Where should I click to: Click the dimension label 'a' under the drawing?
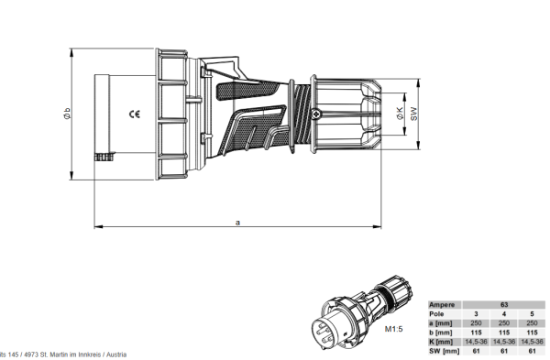238,221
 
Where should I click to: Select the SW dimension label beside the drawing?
413,114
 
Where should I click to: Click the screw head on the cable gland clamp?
316,114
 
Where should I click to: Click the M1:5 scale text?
395,328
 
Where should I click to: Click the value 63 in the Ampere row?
504,304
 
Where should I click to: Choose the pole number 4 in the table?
504,313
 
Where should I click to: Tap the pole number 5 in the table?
533,313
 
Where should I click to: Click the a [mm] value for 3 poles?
477,322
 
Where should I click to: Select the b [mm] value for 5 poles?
533,332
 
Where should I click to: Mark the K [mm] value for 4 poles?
504,341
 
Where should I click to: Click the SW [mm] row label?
445,351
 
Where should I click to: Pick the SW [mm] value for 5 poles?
533,351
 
